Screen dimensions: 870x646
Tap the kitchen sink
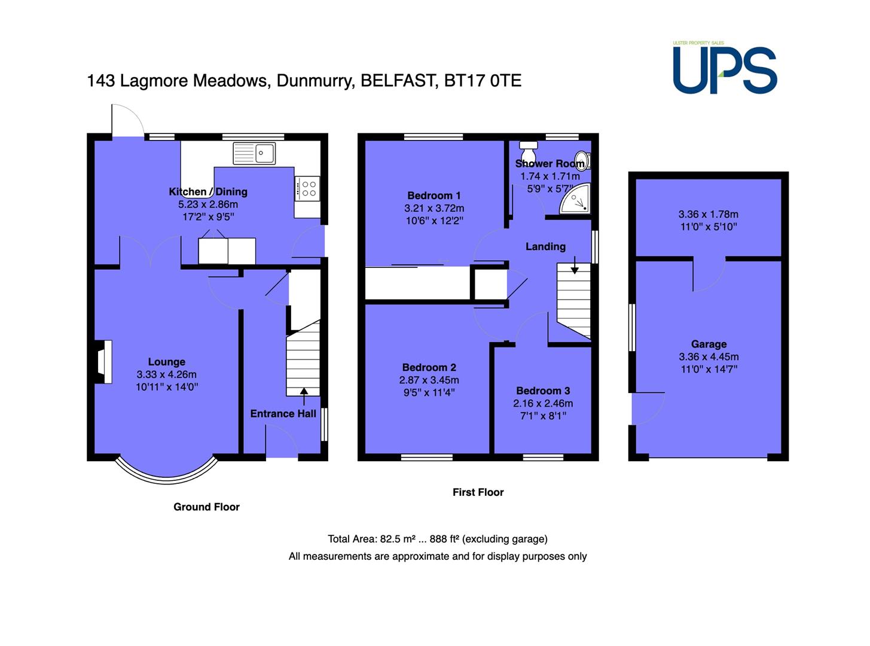click(254, 153)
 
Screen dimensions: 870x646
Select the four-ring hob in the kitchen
click(307, 189)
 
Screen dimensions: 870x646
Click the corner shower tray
click(575, 199)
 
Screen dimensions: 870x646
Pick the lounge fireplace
click(103, 361)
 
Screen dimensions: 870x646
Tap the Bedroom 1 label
click(434, 196)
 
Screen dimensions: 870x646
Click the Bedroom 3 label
click(543, 391)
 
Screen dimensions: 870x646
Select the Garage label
click(709, 344)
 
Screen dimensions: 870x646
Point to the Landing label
click(545, 246)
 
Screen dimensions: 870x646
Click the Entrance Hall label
click(283, 414)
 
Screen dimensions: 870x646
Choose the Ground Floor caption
click(206, 507)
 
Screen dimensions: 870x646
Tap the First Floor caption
click(478, 492)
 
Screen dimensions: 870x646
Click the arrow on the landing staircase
click(575, 265)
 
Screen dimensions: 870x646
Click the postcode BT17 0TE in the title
click(483, 81)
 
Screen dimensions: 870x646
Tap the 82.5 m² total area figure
click(398, 539)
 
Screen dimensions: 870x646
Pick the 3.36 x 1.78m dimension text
click(709, 214)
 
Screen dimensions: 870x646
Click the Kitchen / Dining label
click(208, 191)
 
